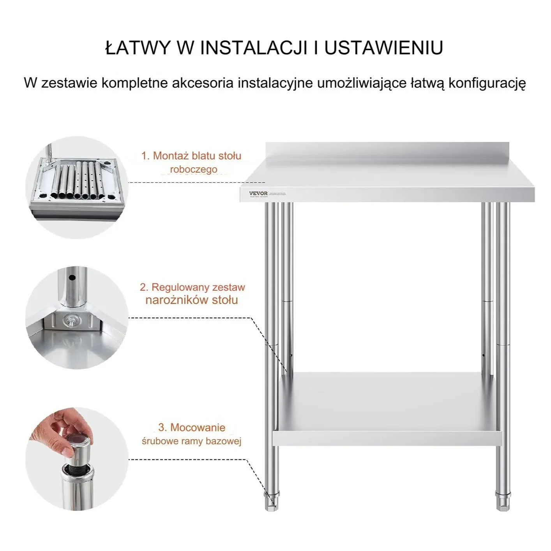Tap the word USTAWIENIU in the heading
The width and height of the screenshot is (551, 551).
click(x=384, y=48)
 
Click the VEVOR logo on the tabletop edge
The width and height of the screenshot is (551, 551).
click(x=258, y=193)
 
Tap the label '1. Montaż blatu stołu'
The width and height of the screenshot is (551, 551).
click(x=191, y=156)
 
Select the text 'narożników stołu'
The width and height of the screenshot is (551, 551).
click(x=191, y=300)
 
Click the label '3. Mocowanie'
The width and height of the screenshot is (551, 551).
click(x=191, y=427)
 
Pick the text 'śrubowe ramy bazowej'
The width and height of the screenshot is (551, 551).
click(x=191, y=441)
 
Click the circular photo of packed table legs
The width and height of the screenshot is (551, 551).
click(x=77, y=187)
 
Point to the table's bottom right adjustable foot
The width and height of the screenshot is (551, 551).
click(x=502, y=500)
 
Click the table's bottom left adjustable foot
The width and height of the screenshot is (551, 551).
click(x=271, y=500)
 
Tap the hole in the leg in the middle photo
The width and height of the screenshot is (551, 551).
click(x=72, y=278)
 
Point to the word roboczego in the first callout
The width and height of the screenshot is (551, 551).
click(x=194, y=170)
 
